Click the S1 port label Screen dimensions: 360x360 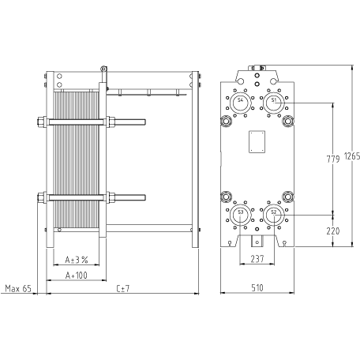[x=274, y=100]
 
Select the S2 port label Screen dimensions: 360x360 [x=274, y=212]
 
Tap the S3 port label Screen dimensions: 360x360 [x=240, y=212]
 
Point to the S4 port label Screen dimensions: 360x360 [x=240, y=100]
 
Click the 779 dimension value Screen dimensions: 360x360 [x=333, y=159]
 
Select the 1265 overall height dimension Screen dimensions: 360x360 [x=352, y=156]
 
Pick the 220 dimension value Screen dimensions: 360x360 [x=333, y=231]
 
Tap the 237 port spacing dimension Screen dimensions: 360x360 [x=257, y=259]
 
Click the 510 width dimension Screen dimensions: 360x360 [x=257, y=288]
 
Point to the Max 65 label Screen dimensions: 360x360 [x=18, y=289]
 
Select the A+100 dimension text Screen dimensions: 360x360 [x=77, y=276]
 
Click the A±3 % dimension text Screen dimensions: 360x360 [x=77, y=260]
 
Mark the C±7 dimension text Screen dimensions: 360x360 [x=123, y=289]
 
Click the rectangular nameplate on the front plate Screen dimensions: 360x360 [x=257, y=141]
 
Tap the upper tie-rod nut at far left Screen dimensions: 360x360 [x=42, y=122]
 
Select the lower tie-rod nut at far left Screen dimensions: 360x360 [x=42, y=197]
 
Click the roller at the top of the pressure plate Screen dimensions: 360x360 [x=103, y=69]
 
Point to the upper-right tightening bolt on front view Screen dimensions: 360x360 [x=288, y=121]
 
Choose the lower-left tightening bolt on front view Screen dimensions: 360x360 [x=226, y=197]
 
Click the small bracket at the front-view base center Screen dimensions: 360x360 [x=257, y=241]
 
